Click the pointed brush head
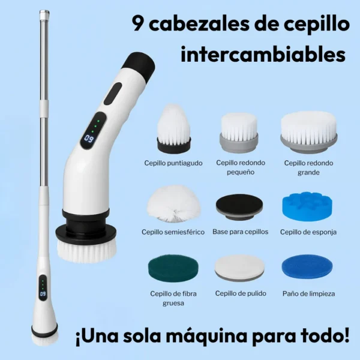(174, 129)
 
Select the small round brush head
(239, 133)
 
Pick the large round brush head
(308, 132)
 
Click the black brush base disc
(239, 207)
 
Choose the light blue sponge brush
(307, 206)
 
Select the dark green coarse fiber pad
(173, 267)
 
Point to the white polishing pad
(239, 268)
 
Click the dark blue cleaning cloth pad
(307, 266)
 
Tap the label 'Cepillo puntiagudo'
(173, 163)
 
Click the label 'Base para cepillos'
(241, 232)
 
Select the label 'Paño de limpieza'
(308, 293)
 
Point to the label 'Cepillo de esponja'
(308, 232)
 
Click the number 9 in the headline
(138, 24)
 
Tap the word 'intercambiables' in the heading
(263, 54)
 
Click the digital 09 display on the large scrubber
(89, 138)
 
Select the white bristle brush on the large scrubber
(86, 251)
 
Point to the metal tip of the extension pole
(44, 14)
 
